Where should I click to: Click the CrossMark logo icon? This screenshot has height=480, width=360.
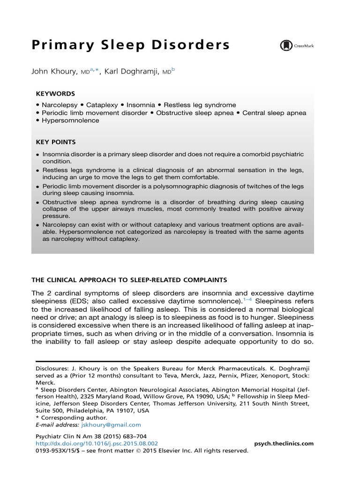tap(285, 45)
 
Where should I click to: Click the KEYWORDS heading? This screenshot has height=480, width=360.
tap(55, 94)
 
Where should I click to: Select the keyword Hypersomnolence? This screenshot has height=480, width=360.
tap(70, 120)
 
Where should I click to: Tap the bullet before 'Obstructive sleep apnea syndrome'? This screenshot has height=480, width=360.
tap(37, 202)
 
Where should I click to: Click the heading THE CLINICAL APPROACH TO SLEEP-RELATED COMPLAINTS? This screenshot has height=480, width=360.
tap(129, 280)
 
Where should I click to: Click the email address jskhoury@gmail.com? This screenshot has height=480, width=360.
tap(111, 425)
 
